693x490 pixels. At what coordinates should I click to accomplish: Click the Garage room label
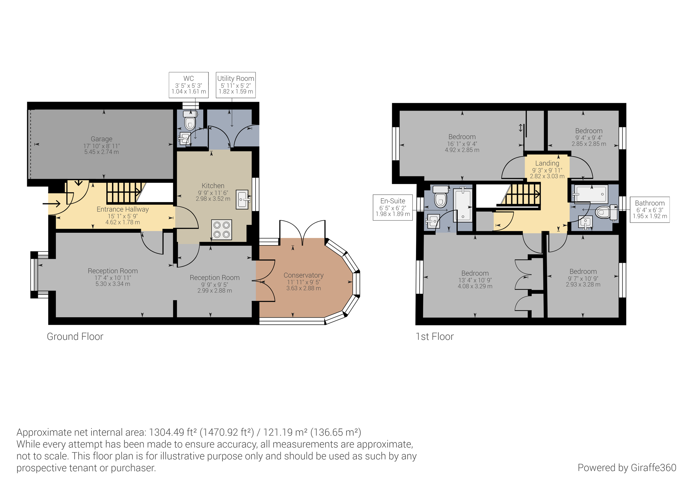click(x=101, y=139)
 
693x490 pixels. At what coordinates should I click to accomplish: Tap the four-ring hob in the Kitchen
click(x=222, y=230)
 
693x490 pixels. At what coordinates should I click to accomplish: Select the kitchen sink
click(x=242, y=199)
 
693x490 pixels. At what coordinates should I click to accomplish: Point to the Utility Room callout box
click(x=236, y=85)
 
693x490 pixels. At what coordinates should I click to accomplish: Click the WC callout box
click(x=189, y=85)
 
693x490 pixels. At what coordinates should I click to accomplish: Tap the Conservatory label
click(x=303, y=275)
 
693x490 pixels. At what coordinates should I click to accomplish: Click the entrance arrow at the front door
click(x=52, y=204)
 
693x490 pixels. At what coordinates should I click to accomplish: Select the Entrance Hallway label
click(x=122, y=209)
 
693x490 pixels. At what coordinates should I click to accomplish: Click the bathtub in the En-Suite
click(x=463, y=205)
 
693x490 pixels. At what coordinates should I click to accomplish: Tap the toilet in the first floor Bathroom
click(x=604, y=212)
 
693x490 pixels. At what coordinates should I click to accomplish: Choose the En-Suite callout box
click(x=393, y=207)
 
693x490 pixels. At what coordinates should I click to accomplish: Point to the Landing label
click(x=547, y=163)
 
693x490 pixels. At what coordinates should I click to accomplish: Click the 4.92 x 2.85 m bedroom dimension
click(x=462, y=150)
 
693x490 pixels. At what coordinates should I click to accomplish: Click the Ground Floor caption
click(x=75, y=337)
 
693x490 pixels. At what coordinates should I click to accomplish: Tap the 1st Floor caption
click(x=434, y=337)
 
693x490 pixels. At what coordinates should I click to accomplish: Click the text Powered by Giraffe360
click(x=627, y=468)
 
